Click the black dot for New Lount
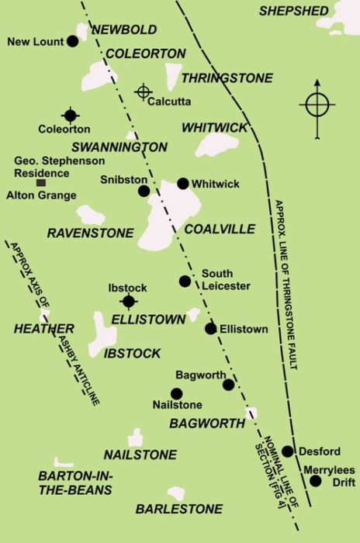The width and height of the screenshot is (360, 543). (72, 40)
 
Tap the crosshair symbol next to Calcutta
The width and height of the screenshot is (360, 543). (143, 92)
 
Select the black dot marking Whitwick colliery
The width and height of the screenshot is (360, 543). (182, 184)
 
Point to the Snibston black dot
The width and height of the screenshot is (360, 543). (144, 191)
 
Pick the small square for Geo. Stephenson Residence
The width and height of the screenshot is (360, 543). (41, 182)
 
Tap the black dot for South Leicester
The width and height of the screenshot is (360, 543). (185, 281)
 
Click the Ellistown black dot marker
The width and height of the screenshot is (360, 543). (210, 329)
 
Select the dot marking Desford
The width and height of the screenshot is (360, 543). (287, 451)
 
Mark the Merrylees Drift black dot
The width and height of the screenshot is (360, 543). (316, 481)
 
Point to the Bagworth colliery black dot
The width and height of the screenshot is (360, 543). (228, 385)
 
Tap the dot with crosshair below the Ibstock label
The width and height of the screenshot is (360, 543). (128, 302)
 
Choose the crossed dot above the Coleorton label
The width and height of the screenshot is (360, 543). (71, 116)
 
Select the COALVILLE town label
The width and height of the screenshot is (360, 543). (220, 229)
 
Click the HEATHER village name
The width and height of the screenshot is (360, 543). (43, 329)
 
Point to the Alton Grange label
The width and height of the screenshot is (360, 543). (41, 195)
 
